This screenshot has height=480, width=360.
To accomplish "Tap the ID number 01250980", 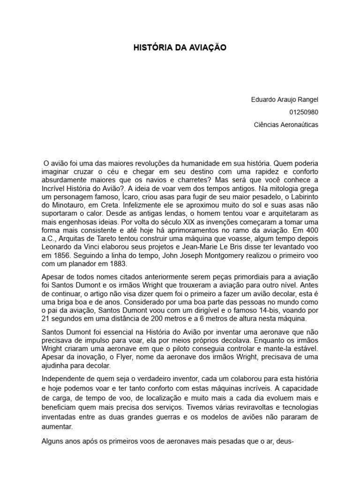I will coord(304,112).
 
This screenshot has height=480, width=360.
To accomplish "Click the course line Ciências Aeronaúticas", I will coord(285,125).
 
